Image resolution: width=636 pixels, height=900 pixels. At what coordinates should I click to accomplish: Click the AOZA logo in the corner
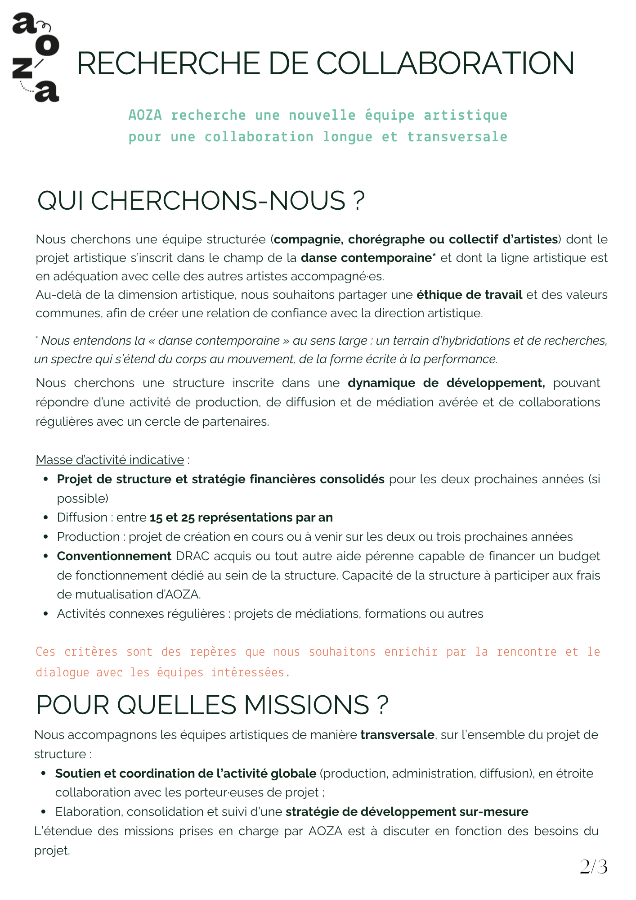coord(36,58)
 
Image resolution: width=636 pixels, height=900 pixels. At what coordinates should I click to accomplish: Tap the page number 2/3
coord(593,867)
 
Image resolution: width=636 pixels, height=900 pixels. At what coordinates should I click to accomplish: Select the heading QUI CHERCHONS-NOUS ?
coord(201,201)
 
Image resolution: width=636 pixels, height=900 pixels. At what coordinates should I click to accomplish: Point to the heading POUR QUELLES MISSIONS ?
coord(212,705)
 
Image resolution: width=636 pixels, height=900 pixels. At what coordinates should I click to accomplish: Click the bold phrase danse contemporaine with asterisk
coord(368,258)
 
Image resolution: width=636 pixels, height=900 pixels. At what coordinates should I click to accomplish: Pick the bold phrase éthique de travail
coord(469,295)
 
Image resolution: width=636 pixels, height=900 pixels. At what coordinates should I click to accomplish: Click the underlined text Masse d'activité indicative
coord(110,460)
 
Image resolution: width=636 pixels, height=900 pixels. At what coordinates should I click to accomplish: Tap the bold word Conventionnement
coord(114,556)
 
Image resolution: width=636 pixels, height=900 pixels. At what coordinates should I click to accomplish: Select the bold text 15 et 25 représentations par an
coord(241,517)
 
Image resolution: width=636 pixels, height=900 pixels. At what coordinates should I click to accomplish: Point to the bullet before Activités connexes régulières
coord(45,614)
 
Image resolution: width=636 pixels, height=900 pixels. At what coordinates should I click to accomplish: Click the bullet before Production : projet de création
coord(45,537)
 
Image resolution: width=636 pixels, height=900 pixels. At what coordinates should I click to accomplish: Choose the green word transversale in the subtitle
coord(457,137)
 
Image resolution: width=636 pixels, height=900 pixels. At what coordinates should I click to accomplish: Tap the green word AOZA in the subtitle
coord(145,115)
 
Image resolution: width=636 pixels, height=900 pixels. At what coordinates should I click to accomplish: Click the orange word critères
coord(91,652)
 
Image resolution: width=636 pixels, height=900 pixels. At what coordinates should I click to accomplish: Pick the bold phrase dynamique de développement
coord(446,383)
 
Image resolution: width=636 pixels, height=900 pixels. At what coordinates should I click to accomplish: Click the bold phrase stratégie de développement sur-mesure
coord(407,812)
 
